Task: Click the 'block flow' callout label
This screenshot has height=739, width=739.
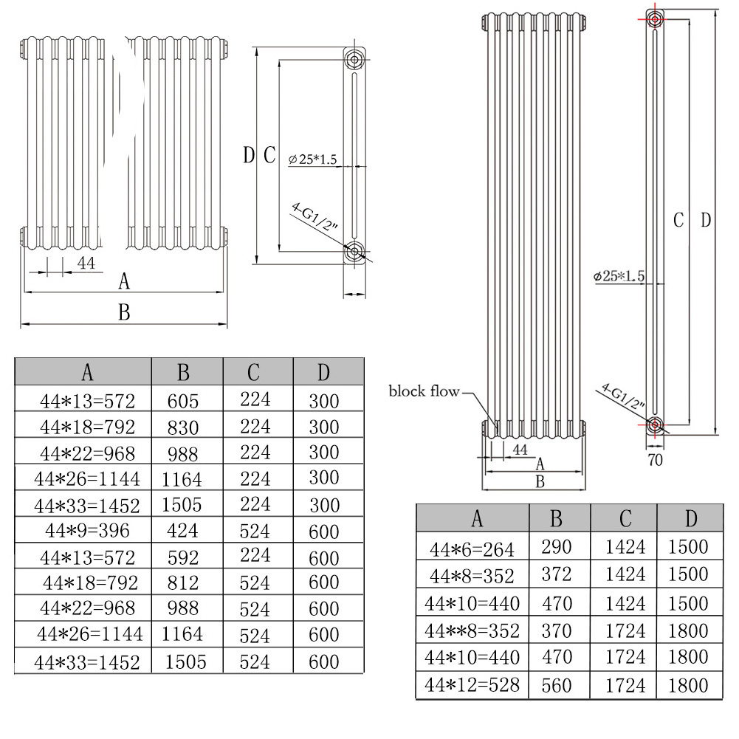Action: [424, 391]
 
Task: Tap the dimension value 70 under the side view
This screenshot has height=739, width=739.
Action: [655, 460]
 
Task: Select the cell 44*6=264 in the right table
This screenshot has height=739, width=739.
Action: [473, 548]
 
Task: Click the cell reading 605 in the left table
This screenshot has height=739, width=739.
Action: [184, 401]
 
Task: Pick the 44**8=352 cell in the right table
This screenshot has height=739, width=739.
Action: [473, 630]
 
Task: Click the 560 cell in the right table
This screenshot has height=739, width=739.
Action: [557, 685]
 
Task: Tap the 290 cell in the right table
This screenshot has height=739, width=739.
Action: [557, 548]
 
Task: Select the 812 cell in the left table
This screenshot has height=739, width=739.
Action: [184, 583]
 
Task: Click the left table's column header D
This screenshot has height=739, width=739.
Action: [323, 373]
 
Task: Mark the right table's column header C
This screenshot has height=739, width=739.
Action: [625, 519]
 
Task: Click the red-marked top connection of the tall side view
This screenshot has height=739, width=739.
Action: [654, 18]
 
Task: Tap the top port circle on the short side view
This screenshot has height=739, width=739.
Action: [355, 59]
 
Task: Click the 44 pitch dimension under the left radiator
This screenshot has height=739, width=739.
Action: [86, 263]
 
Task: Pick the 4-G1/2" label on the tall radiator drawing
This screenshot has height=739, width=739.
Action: [623, 396]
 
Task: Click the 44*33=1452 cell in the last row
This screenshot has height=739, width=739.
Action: [88, 662]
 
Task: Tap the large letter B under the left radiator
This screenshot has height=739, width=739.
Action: [124, 313]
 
